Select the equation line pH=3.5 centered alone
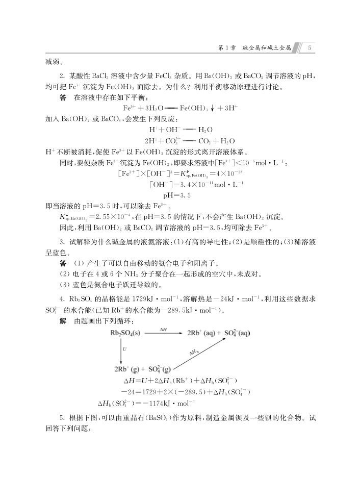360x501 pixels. click(177, 195)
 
